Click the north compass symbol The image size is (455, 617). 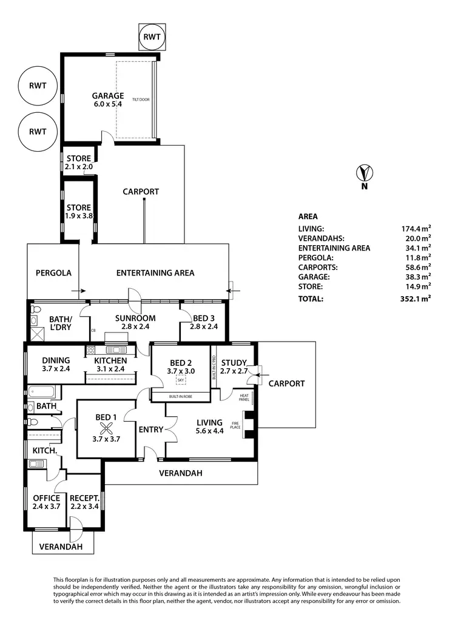[x=364, y=173]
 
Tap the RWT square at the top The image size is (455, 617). [x=152, y=36]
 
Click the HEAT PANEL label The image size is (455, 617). [x=244, y=397]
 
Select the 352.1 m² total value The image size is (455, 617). [x=416, y=298]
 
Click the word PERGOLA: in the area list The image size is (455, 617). [x=315, y=257]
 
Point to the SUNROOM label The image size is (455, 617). [x=135, y=318]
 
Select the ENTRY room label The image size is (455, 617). [x=150, y=430]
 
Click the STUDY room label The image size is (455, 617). [x=234, y=363]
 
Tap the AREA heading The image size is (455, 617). [x=308, y=217]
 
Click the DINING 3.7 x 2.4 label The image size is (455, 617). [x=56, y=364]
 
